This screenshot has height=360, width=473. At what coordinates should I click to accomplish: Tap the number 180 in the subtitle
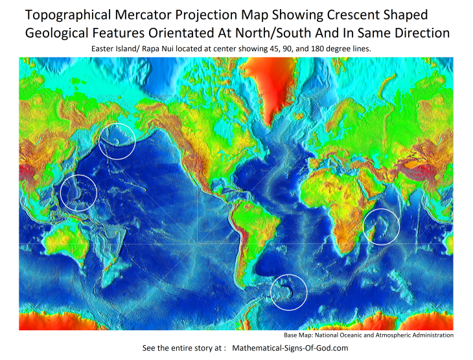[334, 49]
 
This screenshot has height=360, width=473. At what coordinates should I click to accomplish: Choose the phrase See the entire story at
[184, 348]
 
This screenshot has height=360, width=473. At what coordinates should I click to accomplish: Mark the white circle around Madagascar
[381, 226]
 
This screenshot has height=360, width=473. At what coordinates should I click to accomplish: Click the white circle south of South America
[288, 291]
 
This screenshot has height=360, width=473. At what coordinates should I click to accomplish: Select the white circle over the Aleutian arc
[117, 140]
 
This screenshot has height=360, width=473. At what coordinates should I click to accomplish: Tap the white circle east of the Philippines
[78, 192]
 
